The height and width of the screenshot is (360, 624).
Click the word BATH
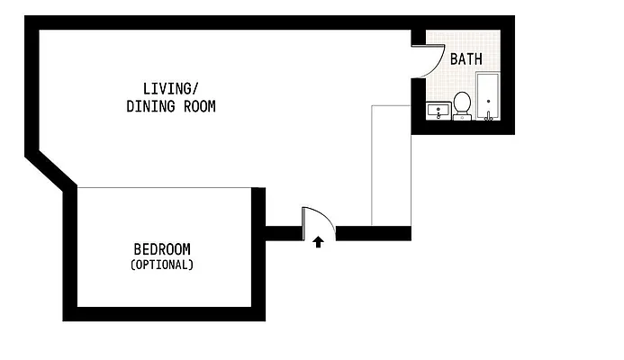point(466,59)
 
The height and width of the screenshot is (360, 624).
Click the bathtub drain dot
point(488,101)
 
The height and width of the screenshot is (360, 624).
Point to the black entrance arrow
point(318,241)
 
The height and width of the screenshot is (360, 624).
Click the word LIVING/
point(170,88)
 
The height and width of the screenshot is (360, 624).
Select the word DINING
point(149,106)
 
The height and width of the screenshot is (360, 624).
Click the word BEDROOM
point(162,249)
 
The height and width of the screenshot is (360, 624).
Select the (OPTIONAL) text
point(162,265)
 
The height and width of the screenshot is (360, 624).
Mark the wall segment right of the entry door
point(373,233)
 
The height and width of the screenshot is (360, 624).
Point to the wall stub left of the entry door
point(283,233)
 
